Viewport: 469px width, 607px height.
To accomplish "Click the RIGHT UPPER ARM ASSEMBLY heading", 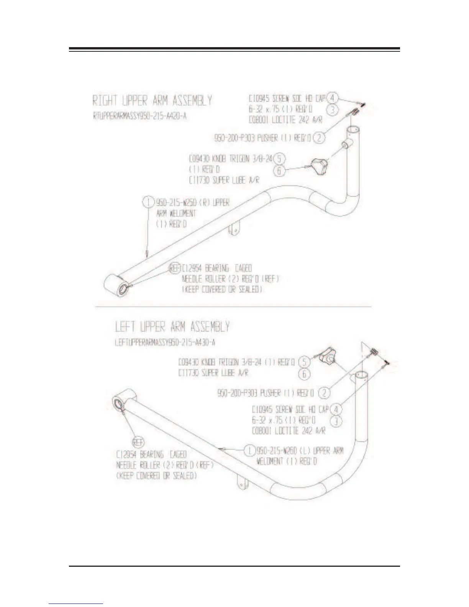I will coord(152,101).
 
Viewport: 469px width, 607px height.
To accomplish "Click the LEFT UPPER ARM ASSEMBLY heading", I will coord(172,327).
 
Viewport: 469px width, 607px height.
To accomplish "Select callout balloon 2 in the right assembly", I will coord(319,138).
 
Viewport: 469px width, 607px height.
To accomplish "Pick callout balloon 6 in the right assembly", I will coord(279,171).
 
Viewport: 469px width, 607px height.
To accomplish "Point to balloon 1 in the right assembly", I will coord(148,202).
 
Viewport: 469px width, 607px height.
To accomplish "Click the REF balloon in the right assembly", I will coord(175,268).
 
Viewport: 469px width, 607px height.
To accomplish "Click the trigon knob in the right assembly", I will coord(319,167).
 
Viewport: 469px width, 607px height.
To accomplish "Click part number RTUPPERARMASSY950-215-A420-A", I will coord(140,116).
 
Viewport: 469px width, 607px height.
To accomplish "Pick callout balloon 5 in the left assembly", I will coord(304,361).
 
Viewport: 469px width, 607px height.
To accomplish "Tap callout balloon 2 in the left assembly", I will coord(325,392).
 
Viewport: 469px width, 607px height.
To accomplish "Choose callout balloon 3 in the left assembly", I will coord(336,421).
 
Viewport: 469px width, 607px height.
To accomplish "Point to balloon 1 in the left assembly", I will coord(250,450).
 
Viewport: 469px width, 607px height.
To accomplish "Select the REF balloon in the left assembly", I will coord(138,442).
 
